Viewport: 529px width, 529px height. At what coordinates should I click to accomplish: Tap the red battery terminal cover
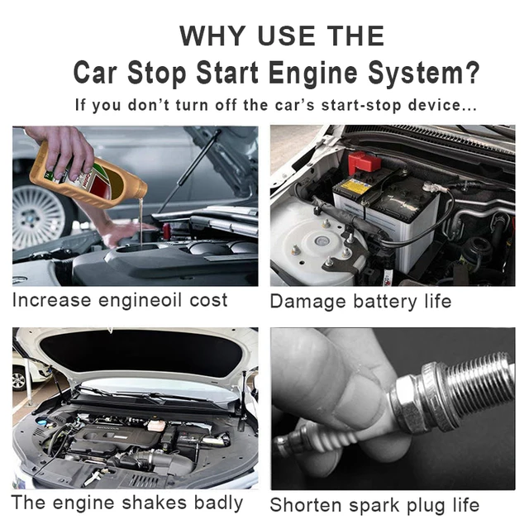(364, 162)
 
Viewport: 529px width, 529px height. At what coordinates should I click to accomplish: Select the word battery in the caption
(379, 301)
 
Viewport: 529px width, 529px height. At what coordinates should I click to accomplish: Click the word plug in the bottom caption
(425, 505)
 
